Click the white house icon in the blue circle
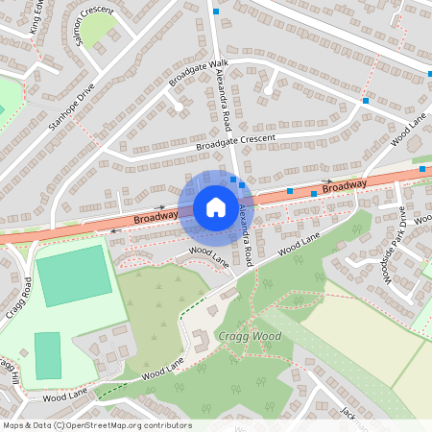[215, 207]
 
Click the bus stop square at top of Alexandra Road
[216, 12]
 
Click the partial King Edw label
[38, 17]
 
